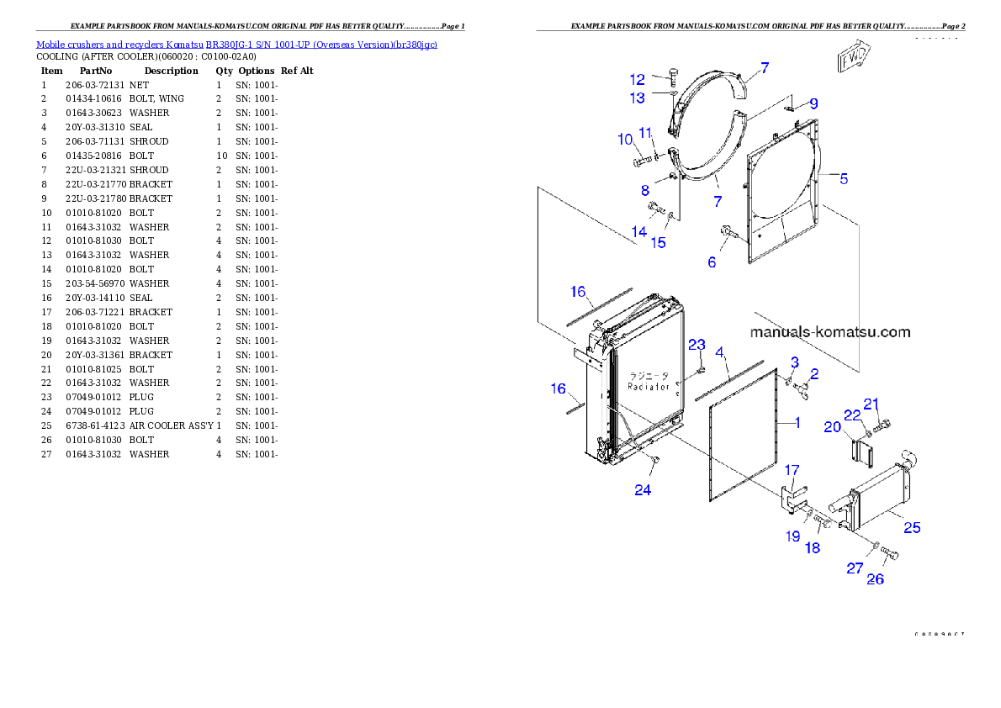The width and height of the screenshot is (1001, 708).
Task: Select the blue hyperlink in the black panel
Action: tap(236, 45)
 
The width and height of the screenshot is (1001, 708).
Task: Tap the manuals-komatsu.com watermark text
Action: tap(829, 332)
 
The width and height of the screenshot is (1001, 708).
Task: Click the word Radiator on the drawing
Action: tap(649, 387)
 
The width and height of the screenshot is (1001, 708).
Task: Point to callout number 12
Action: tap(638, 80)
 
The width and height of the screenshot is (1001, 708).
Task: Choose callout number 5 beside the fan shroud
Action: tap(844, 178)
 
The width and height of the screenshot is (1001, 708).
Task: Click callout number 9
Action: tap(813, 104)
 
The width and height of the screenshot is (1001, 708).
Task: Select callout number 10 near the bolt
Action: tap(625, 139)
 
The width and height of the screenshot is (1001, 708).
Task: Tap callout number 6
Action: tap(712, 262)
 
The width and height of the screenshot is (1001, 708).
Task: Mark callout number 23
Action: tap(696, 345)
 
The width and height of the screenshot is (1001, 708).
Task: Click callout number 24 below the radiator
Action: tap(643, 490)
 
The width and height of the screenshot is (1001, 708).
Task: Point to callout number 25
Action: tap(912, 528)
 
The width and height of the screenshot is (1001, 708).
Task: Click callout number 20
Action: tap(832, 427)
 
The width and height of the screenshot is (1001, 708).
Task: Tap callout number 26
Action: tap(875, 579)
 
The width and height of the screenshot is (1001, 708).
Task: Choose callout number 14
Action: tap(639, 231)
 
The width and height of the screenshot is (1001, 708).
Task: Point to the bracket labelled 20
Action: tap(864, 452)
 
